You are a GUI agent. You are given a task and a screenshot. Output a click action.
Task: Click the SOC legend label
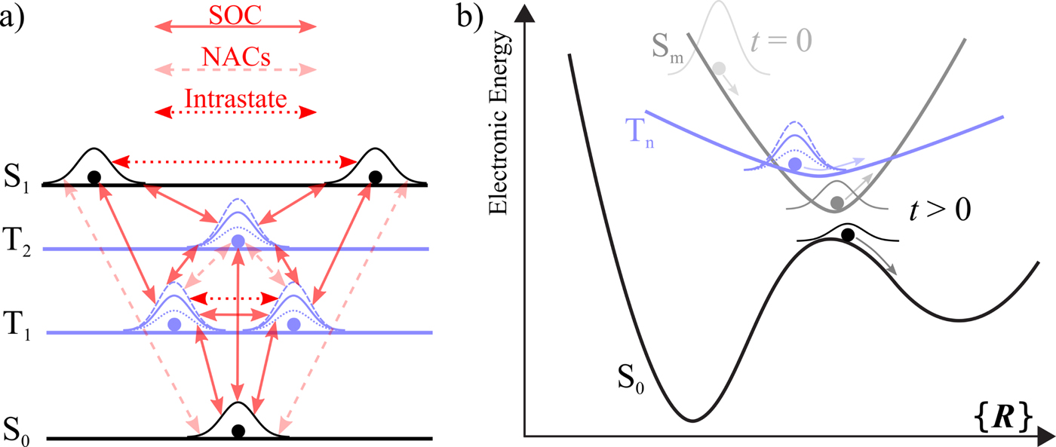click(235, 14)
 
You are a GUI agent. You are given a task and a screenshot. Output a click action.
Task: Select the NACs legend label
click(235, 57)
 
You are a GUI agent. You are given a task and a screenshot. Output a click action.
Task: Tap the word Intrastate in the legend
click(235, 98)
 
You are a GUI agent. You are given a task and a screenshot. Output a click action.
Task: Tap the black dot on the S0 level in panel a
click(238, 431)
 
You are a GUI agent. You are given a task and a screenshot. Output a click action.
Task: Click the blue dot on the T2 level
click(238, 241)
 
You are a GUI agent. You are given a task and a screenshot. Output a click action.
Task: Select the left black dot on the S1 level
click(94, 177)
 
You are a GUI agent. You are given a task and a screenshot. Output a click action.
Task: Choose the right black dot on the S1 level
click(375, 177)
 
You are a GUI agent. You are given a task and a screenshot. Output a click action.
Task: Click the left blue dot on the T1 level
click(175, 324)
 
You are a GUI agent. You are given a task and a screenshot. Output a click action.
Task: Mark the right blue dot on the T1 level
click(294, 324)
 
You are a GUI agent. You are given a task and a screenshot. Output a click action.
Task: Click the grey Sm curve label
click(665, 50)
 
